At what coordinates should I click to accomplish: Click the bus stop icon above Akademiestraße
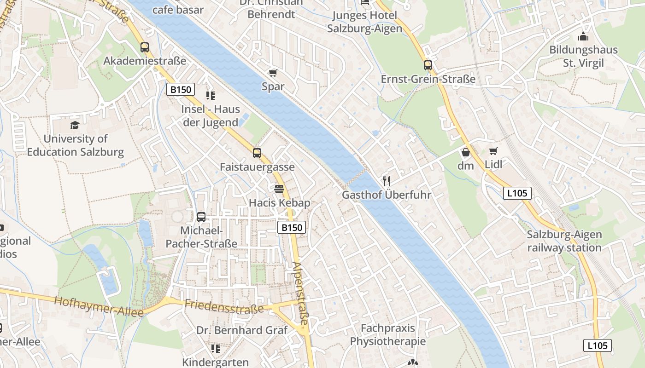pos(145,47)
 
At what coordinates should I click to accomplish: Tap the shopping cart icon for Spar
pos(273,73)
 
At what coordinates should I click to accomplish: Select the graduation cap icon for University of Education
pos(75,125)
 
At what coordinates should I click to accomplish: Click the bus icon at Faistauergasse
pos(257,153)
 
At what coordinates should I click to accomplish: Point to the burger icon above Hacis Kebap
pos(279,189)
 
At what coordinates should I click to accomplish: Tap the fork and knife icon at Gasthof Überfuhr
pos(387,181)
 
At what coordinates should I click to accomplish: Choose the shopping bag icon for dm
pos(465,152)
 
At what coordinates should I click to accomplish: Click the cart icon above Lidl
pos(493,151)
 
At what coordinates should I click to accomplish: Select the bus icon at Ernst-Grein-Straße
pos(428,65)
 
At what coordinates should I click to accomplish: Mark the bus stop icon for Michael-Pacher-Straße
pos(201,217)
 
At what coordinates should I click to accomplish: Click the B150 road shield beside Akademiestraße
pos(181,89)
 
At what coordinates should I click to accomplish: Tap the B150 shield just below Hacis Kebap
pos(292,227)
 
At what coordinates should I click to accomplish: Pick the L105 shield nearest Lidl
pos(517,193)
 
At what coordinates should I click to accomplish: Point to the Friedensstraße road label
pos(224,306)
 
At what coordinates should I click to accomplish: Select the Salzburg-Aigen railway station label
pos(564,241)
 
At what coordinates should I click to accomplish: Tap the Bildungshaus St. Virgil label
pos(583,57)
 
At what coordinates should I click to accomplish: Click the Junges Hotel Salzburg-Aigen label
pos(365,22)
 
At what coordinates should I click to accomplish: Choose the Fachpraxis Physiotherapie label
pos(388,335)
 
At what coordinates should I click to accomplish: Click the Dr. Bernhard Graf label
pos(242,330)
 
